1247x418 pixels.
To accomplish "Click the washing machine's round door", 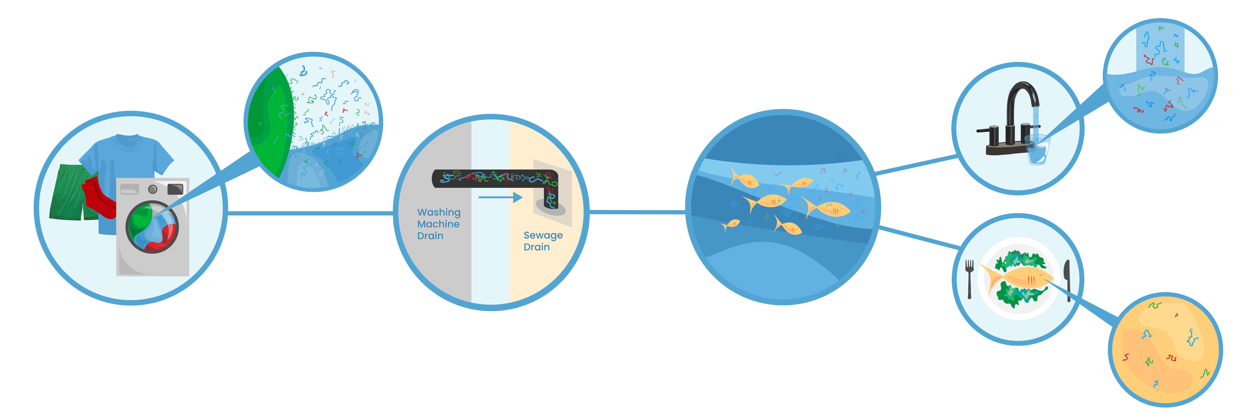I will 152,227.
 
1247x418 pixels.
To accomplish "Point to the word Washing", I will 439,213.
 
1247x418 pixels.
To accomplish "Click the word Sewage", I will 543,235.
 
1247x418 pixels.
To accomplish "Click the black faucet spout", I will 1023,95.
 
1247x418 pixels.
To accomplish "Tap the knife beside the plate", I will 1067,280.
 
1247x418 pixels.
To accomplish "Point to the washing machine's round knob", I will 153,189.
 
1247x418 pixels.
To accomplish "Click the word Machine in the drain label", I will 438,224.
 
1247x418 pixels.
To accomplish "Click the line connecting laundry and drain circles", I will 309,213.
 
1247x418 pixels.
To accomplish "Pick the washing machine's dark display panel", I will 175,189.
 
